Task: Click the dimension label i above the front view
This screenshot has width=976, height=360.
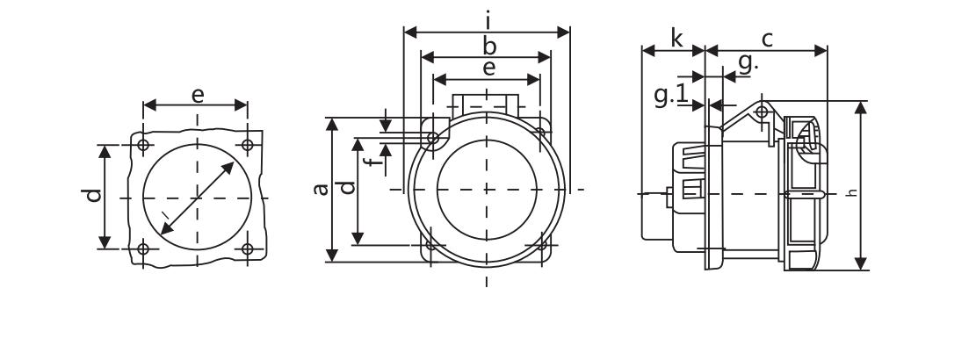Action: coord(488,21)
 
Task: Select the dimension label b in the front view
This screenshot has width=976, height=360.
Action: coord(489,47)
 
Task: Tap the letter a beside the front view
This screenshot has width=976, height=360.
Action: coord(322,189)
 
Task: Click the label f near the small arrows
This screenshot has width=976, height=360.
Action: coord(373,162)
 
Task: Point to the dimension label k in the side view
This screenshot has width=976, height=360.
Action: coord(676,38)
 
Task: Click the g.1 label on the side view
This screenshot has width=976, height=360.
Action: coord(671,95)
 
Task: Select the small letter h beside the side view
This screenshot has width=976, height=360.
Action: coord(853,193)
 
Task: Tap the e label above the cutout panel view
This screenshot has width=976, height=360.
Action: coord(198,95)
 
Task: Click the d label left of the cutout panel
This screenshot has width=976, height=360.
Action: coord(93,195)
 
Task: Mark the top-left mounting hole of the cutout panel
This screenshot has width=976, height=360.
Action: coord(143,145)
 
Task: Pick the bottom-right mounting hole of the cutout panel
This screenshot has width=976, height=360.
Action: coord(247,248)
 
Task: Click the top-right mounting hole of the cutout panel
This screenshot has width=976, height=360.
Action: coord(247,145)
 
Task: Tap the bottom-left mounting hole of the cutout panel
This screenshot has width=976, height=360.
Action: coord(143,248)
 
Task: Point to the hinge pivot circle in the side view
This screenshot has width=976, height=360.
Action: coord(761,112)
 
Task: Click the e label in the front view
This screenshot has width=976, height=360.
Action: coord(489,68)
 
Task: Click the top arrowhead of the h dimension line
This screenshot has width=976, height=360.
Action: coord(861,108)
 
